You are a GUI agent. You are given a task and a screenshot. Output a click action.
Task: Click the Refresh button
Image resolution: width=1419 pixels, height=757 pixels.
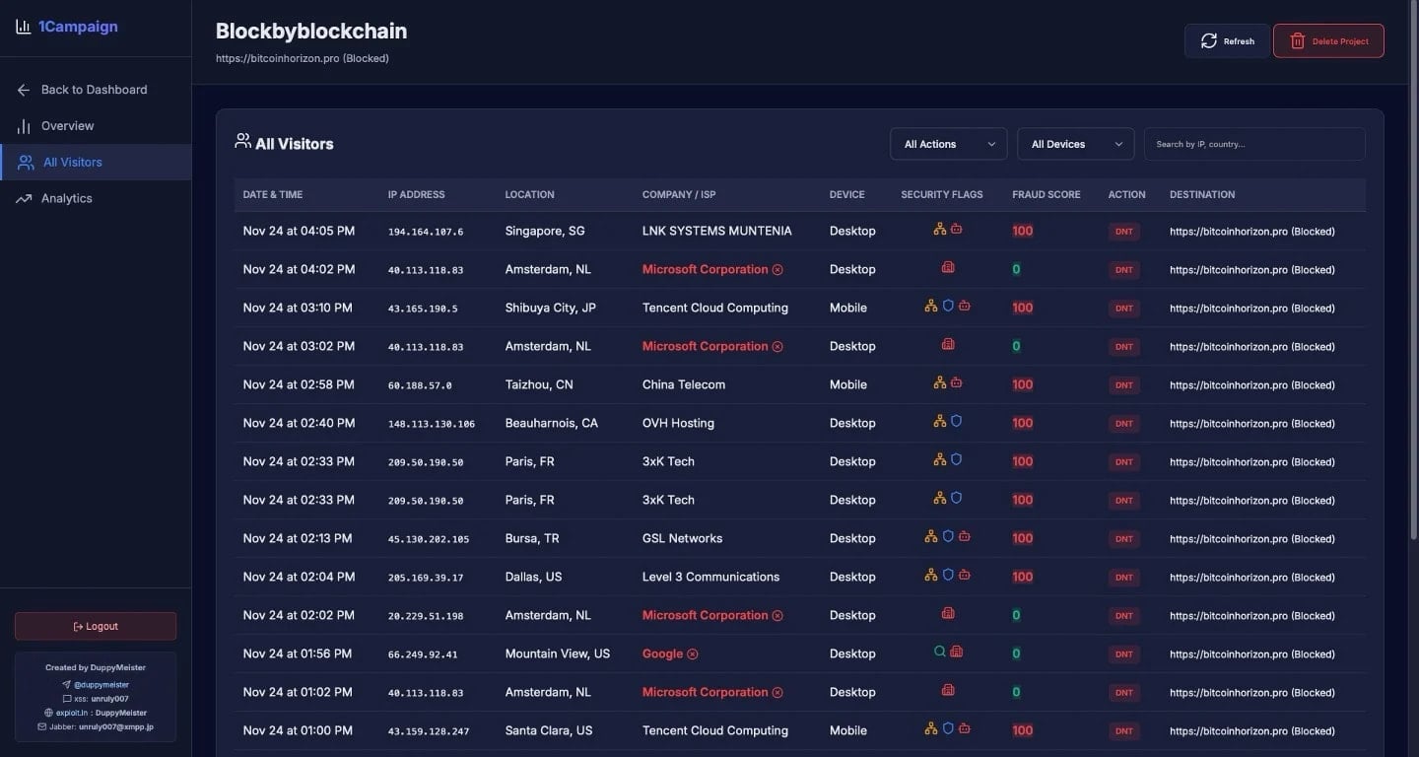1227,41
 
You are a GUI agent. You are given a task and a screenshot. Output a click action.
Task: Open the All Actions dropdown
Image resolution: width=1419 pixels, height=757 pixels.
948,144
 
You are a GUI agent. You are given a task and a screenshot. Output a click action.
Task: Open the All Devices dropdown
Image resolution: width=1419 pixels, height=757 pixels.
1075,144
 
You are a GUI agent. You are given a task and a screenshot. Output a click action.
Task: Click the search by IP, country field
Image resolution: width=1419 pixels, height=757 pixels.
1253,144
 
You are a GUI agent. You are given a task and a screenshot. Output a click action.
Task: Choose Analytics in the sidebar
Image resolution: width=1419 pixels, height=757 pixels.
66,198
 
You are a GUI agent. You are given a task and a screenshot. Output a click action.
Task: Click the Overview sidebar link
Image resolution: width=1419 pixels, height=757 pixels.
67,126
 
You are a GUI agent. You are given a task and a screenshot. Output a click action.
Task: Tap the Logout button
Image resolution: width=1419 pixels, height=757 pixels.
96,626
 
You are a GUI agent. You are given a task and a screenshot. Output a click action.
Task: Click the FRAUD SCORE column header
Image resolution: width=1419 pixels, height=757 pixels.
1046,194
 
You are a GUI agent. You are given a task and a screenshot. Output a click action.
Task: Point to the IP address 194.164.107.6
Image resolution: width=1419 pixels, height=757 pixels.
425,232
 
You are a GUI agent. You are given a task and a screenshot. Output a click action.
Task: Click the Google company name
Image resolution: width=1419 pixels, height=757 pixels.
662,654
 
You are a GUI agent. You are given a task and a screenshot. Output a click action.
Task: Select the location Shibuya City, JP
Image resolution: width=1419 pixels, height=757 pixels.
550,308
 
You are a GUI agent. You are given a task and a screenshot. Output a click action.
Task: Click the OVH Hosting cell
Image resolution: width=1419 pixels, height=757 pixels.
678,423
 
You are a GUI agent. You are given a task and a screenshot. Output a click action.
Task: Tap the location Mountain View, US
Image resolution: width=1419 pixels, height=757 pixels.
557,654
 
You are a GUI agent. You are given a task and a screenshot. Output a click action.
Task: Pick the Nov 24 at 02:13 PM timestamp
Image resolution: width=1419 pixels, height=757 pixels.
298,538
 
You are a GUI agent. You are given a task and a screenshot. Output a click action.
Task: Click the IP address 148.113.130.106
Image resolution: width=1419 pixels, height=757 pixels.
431,424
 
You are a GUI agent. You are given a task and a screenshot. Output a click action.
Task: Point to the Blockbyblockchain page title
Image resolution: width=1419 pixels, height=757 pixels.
310,32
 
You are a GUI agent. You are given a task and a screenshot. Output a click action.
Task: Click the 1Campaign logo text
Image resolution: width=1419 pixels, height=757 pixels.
78,27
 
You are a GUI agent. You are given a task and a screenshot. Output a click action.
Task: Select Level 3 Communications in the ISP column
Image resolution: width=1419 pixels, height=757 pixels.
709,577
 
